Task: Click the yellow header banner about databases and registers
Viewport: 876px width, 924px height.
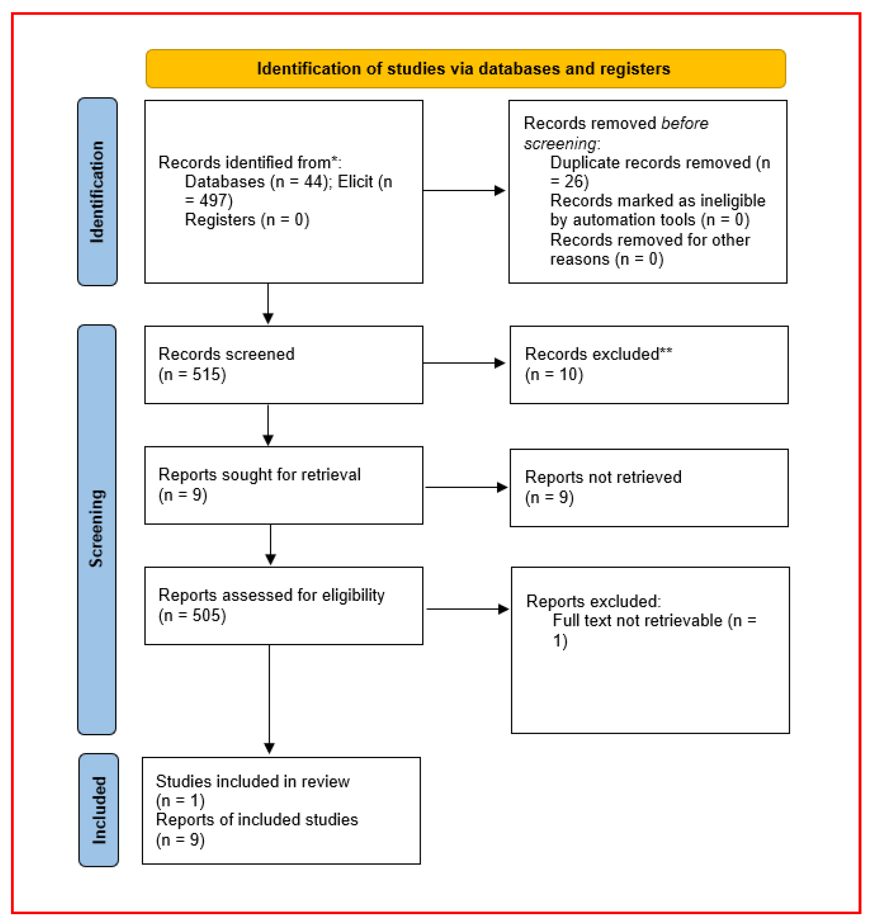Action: (x=466, y=69)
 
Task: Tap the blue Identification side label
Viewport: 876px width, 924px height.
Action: (x=97, y=191)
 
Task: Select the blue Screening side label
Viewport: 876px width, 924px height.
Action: (x=97, y=530)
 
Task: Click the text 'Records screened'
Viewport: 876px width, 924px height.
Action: (x=226, y=354)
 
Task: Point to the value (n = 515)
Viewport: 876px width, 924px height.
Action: (x=192, y=374)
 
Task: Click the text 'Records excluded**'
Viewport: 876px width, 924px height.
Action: (x=599, y=354)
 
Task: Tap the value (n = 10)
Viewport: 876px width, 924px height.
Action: (x=554, y=374)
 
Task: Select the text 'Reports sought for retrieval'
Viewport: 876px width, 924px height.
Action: (x=259, y=474)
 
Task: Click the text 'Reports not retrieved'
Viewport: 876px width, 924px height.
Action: (x=603, y=477)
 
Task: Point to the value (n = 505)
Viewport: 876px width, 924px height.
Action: (x=192, y=615)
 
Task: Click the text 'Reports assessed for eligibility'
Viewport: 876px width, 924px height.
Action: (x=272, y=595)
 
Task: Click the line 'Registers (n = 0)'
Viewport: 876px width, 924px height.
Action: (x=247, y=219)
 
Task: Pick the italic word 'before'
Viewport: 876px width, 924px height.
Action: (x=685, y=123)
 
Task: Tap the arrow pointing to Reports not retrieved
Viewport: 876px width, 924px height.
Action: (x=466, y=488)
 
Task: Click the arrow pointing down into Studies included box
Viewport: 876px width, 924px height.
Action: (x=269, y=699)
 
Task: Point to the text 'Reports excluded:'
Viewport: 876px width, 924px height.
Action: (x=593, y=601)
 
